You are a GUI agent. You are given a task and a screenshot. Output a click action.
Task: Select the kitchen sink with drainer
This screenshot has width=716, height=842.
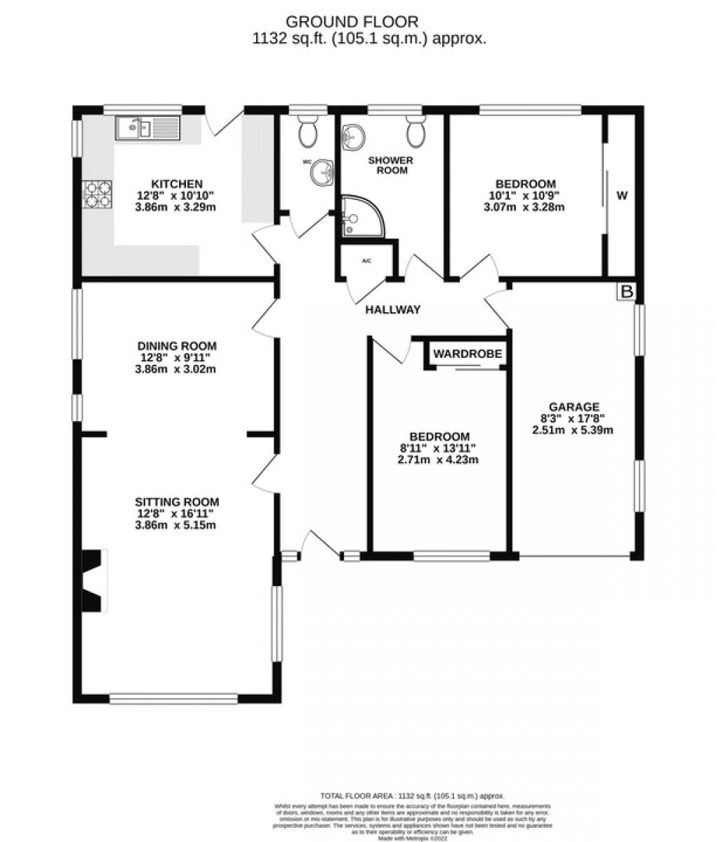(147, 128)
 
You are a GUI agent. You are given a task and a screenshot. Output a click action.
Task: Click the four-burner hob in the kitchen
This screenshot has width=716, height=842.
(98, 194)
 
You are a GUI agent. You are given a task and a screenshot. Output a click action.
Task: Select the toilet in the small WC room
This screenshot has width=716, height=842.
(307, 131)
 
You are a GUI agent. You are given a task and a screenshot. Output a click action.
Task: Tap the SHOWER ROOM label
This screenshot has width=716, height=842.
(391, 165)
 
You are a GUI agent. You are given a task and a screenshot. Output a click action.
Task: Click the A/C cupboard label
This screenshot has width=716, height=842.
(366, 261)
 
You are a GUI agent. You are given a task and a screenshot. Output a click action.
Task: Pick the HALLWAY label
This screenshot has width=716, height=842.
(392, 309)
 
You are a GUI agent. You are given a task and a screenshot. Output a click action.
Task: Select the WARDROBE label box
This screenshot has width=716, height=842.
(467, 354)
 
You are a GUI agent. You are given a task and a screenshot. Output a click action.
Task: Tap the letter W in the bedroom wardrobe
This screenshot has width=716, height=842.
(621, 196)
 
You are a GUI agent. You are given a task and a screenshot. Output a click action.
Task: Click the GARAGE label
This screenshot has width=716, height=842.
(574, 406)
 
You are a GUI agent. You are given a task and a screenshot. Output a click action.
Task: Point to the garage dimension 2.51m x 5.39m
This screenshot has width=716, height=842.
(574, 430)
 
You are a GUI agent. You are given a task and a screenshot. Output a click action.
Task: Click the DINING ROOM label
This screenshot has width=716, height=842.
(177, 346)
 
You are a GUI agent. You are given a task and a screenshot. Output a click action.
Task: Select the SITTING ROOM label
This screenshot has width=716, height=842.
(177, 502)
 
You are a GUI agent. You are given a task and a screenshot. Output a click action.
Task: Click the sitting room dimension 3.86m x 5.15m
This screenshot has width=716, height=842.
(177, 525)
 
